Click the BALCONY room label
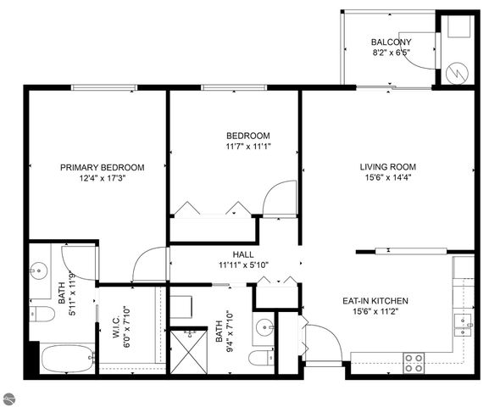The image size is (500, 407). (391, 42)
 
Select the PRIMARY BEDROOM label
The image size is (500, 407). (102, 167)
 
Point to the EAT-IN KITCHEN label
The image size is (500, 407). (375, 301)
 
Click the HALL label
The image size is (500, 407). (243, 254)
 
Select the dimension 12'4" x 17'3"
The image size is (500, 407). (102, 178)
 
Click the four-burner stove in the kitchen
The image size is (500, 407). (414, 363)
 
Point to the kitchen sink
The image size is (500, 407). (463, 321)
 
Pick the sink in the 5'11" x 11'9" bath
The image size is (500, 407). (39, 271)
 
